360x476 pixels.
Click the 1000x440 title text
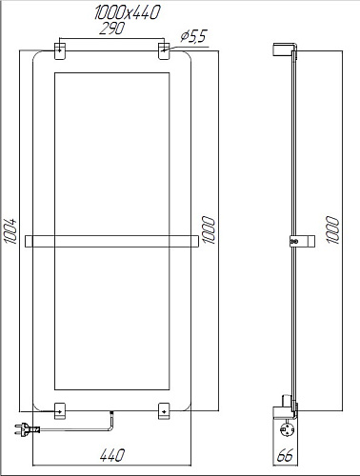click(127, 13)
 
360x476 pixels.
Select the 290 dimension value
click(112, 29)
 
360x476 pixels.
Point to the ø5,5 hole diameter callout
click(193, 36)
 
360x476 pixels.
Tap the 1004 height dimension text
click(11, 230)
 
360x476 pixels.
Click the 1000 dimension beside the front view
click(209, 230)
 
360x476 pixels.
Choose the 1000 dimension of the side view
click(332, 230)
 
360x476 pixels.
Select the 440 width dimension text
click(112, 455)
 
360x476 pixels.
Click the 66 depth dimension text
click(285, 456)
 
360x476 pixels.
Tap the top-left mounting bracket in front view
click(60, 50)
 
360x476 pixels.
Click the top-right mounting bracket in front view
click(164, 50)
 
